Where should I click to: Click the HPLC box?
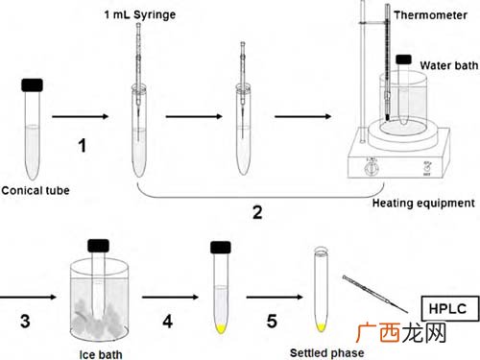coord(450,308)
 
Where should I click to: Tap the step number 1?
coord(83,145)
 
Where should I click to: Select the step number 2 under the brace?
coord(257,212)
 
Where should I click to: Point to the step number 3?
coord(25,321)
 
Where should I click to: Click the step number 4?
coord(168,321)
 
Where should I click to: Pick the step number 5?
coord(272,321)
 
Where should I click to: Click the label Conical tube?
coord(36,191)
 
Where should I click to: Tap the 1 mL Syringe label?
coord(140,14)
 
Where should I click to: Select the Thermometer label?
coord(430,15)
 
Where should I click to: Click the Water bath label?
coord(449,65)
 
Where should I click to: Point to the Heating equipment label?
coord(423,204)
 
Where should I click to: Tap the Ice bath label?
coord(101,354)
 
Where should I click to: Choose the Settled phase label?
coord(326,352)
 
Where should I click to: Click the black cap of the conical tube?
coord(32,85)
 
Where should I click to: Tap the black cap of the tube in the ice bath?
coord(98,246)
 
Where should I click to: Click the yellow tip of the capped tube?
coord(221,328)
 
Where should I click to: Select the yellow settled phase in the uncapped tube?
coord(321,327)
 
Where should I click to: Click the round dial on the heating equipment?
coord(372,168)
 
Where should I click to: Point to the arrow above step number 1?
coord(81,116)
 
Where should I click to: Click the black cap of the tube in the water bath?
coord(403,60)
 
